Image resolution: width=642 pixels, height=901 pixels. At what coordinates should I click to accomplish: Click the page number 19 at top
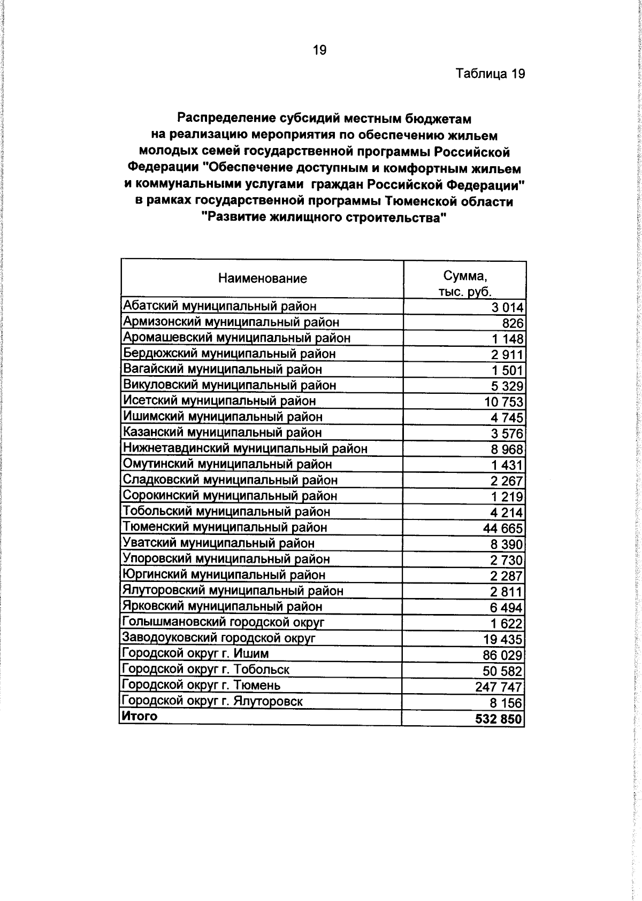319,50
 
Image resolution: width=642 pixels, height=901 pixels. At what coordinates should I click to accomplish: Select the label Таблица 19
490,74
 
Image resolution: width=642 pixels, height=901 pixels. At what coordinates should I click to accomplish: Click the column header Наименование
262,278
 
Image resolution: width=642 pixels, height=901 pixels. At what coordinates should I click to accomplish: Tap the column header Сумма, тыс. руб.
464,284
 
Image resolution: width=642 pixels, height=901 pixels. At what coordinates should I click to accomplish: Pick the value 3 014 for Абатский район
508,307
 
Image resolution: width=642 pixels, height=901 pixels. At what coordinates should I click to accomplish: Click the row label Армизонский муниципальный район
231,322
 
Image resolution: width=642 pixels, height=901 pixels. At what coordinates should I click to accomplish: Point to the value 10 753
503,402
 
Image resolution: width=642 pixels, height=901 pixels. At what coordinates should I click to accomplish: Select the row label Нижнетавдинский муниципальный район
245,448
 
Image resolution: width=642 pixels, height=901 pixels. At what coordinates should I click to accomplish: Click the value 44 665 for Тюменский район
503,529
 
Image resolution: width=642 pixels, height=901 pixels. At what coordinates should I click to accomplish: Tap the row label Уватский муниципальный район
219,543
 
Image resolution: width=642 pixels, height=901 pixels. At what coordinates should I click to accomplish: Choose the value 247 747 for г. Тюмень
499,687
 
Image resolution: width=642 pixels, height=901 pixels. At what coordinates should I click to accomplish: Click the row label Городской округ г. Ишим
195,654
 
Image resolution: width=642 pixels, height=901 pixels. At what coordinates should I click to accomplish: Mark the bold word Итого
140,716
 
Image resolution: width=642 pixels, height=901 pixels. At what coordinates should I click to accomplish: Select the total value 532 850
498,719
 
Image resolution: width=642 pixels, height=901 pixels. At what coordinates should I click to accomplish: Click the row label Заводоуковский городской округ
219,638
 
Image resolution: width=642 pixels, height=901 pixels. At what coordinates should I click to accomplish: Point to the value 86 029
502,655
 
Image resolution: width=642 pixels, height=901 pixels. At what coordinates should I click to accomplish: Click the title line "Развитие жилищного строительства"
324,219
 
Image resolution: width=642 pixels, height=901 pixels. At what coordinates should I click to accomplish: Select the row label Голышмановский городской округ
223,622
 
